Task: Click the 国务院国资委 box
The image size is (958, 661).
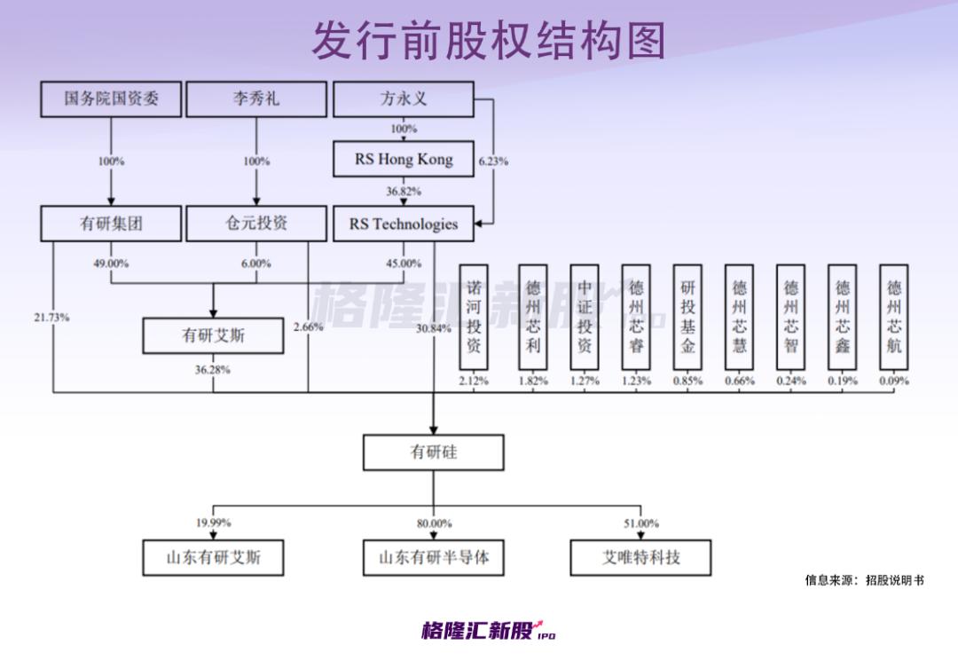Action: coord(112,98)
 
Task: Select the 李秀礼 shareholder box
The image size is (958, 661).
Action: coord(256,98)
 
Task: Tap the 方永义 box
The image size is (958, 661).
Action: coord(404,98)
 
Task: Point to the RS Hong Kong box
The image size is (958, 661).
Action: coord(404,160)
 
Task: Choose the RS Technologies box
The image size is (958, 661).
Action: coord(404,224)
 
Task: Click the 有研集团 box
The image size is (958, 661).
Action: coord(112,224)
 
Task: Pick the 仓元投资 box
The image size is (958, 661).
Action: coord(256,224)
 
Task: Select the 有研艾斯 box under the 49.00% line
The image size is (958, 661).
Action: coord(214,336)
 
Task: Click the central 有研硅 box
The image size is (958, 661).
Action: coord(434,452)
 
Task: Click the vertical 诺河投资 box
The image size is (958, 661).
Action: coord(474,317)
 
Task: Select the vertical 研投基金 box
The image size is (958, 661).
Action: coord(687,317)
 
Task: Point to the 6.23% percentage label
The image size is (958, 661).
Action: coord(493,161)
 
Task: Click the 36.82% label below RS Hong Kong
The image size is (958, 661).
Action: coord(404,192)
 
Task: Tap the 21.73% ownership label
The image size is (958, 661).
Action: coord(52,317)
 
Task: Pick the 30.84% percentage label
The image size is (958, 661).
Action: coord(434,328)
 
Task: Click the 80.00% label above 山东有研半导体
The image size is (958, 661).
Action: coord(434,523)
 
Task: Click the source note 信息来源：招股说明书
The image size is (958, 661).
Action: coord(864,580)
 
